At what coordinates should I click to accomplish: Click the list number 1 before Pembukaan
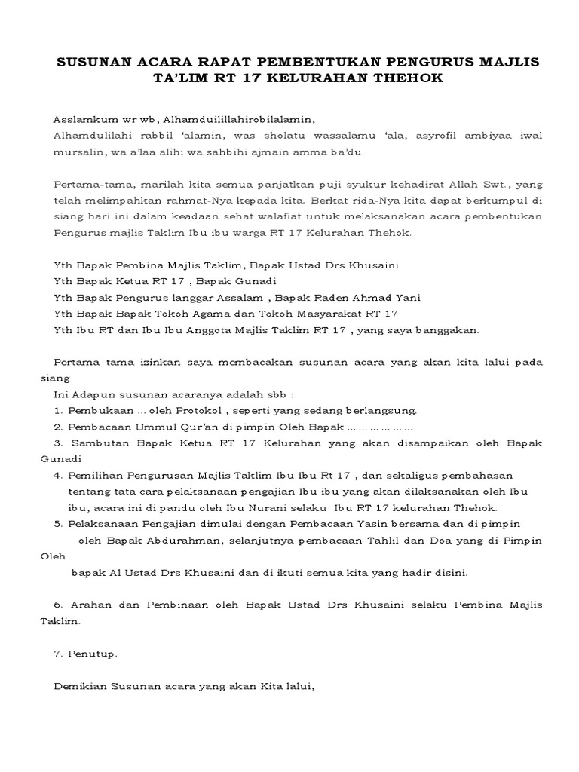(x=57, y=410)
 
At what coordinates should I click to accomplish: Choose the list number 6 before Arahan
(x=58, y=605)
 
